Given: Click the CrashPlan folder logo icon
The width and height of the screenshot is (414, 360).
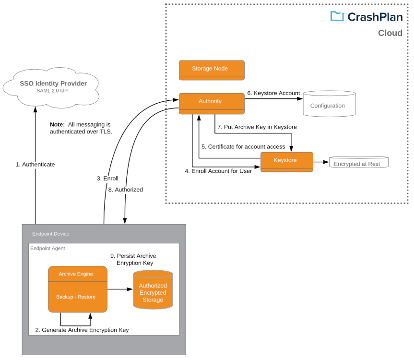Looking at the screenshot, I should coord(337,16).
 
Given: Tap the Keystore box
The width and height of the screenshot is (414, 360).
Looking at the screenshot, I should coord(286,160).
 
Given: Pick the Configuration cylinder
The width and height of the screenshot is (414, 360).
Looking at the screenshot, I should coord(329,104).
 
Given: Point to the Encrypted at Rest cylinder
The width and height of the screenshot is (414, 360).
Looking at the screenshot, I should coord(358,163).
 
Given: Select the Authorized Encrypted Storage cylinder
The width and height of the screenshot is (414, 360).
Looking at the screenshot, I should coord(153,290).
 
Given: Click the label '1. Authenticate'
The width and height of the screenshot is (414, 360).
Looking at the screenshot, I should coord(35,164).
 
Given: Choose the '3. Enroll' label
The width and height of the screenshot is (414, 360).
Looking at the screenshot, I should coord(107,178).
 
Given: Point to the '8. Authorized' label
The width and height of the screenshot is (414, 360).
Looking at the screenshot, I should coord(125,190).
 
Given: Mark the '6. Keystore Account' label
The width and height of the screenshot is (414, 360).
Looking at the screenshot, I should coord(273,93).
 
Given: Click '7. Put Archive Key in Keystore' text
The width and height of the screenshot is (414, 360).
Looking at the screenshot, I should coord(257,127).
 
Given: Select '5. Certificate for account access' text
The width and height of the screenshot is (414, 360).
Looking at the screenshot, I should coord(243,146).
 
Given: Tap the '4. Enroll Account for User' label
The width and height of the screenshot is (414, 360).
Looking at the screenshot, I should coord(218,171).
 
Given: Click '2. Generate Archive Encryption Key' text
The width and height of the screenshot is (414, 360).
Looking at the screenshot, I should coord(82,330).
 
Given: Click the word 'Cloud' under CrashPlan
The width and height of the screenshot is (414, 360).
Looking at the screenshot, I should coord(390,33).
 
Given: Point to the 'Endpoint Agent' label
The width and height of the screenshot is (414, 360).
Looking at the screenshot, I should coord(47,248).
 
